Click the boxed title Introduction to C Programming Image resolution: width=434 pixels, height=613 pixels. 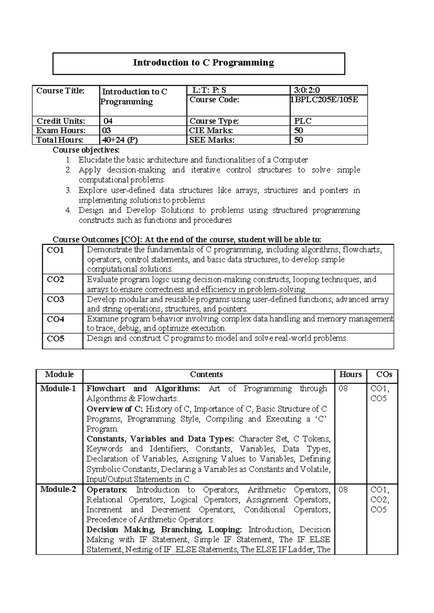pos(203,63)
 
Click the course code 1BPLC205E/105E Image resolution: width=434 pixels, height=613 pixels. pos(324,100)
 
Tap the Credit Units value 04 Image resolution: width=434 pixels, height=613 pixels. pos(108,121)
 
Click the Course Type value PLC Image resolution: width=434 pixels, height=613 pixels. pos(303,121)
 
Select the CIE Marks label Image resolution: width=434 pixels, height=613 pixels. pos(211,130)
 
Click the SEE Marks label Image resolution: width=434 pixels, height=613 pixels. pos(212,140)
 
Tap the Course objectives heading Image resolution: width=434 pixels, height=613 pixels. pos(86,150)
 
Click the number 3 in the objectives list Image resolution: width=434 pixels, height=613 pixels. pos(69,190)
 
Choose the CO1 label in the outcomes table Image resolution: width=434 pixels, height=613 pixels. pos(55,250)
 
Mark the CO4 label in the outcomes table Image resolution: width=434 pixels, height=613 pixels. pos(55,319)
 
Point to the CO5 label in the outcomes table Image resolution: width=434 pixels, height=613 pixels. pos(55,339)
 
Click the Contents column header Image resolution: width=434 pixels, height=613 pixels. pos(206,374)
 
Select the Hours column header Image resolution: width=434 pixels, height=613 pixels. pos(350,374)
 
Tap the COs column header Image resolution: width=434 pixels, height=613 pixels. pos(384,374)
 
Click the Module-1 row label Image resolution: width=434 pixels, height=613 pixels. pos(58,389)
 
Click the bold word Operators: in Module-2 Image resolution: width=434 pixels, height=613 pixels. pos(107,490)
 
